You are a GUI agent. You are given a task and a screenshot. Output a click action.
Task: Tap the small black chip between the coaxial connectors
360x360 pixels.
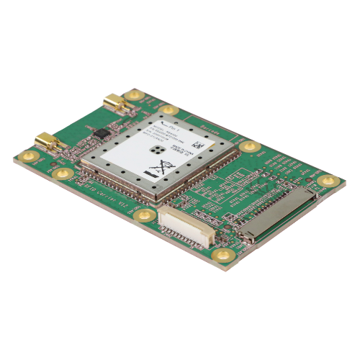[102, 133]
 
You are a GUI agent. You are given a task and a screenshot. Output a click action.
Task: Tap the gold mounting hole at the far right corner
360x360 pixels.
[328, 181]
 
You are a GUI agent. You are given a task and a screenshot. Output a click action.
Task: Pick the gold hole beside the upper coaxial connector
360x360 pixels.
[133, 94]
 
